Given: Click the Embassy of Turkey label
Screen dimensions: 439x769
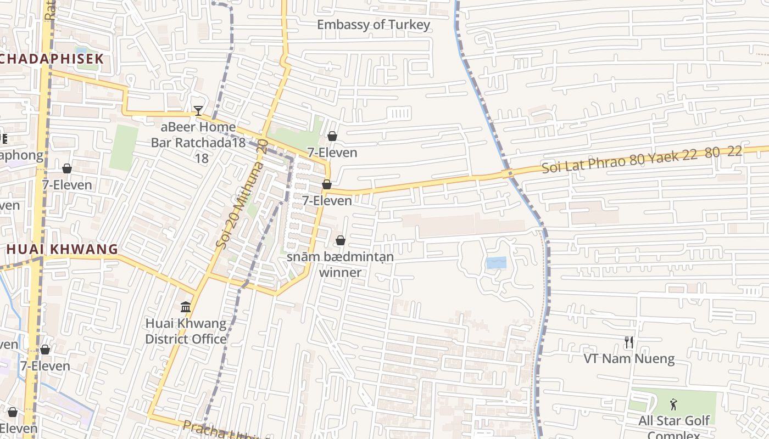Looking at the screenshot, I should (374, 25).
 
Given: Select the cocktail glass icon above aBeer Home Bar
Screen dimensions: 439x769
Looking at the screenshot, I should (198, 110).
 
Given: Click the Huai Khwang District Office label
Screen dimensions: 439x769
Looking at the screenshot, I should (186, 331).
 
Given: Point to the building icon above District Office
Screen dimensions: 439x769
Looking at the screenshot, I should (186, 306).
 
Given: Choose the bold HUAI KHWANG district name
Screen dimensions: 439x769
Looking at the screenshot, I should (62, 249).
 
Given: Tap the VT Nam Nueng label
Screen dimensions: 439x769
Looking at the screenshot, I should (629, 359).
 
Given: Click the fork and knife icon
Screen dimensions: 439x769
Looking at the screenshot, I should (629, 343).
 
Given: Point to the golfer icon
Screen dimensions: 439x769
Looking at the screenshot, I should (674, 405).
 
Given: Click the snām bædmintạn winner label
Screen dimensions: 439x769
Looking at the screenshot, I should (340, 264).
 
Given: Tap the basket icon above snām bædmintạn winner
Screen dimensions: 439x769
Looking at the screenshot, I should (341, 240).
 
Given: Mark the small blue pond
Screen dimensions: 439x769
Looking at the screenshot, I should (496, 263).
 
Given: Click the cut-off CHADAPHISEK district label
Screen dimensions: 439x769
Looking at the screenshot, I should (52, 59).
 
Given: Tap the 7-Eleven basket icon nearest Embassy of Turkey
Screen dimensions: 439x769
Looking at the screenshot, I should (332, 136).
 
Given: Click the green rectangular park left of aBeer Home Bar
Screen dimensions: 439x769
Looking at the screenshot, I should (123, 147).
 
